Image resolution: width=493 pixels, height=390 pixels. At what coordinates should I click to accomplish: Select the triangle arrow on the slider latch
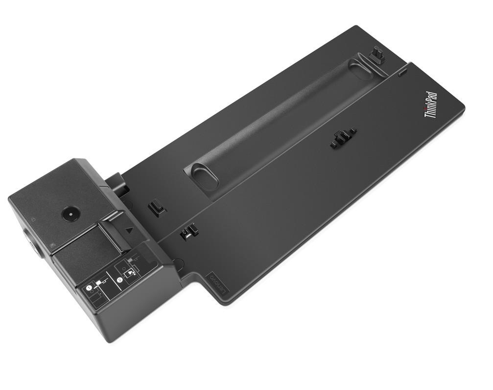pyautogui.click(x=128, y=229)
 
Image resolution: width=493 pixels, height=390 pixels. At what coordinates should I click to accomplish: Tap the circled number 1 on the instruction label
pyautogui.click(x=90, y=289)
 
